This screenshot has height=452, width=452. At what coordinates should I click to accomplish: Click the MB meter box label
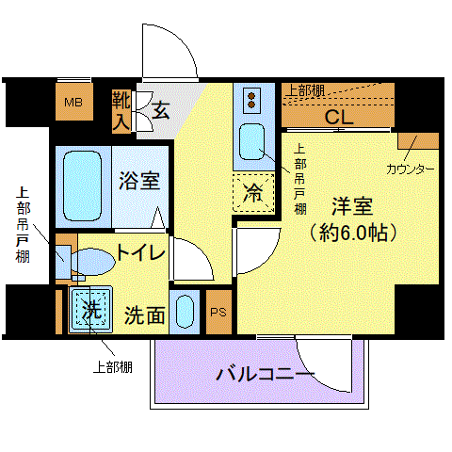73,103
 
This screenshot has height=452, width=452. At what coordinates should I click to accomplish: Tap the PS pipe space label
218,313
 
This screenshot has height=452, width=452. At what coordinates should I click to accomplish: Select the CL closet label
339,118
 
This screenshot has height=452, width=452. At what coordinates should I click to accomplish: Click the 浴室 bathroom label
139,181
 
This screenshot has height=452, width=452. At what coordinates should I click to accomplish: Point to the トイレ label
141,252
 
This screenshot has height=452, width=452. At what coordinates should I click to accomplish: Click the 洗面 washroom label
145,315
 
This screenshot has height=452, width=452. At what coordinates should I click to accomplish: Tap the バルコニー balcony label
266,374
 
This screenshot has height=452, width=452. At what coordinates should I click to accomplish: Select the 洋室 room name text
352,206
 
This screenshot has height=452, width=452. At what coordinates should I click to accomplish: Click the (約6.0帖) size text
353,233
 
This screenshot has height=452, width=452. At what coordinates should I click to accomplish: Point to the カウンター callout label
411,169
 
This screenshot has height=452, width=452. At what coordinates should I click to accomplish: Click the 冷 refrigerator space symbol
253,192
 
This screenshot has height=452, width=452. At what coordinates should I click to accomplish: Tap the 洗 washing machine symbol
91,309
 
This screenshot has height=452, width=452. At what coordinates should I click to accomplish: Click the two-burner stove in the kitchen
251,101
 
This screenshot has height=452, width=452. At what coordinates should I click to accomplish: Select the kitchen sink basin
251,142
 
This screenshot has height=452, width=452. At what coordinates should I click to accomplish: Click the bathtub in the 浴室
83,186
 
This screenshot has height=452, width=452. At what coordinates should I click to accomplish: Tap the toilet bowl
92,261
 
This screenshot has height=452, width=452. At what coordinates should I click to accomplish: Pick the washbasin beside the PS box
185,312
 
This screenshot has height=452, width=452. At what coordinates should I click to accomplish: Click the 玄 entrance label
161,110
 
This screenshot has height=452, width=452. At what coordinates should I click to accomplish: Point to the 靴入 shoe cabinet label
121,110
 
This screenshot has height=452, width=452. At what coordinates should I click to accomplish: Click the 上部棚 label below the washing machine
113,367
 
